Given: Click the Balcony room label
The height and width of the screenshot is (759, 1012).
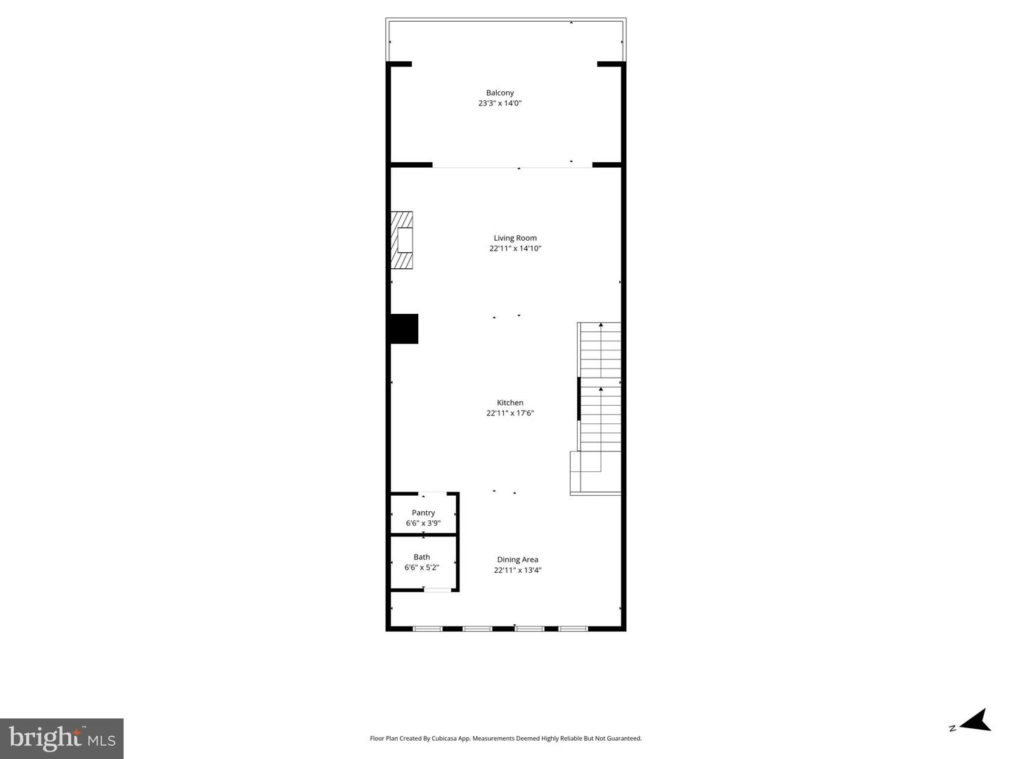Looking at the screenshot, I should [500, 93].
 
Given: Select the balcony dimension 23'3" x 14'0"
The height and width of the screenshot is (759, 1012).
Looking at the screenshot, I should [500, 103].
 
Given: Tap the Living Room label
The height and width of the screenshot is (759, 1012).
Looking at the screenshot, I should [515, 238].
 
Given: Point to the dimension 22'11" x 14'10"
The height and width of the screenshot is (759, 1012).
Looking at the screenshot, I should [515, 249].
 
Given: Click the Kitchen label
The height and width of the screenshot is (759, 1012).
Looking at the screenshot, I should [510, 402].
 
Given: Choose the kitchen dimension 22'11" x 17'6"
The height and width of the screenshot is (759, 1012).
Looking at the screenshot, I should [510, 413].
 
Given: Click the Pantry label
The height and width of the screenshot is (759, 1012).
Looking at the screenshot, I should [423, 513].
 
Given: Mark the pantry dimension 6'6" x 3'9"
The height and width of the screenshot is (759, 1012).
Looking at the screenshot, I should [423, 523].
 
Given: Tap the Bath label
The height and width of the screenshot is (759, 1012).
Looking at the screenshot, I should [422, 557].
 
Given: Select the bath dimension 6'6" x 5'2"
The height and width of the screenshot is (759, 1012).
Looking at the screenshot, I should [422, 567].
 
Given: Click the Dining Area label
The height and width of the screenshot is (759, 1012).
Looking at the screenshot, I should [518, 560].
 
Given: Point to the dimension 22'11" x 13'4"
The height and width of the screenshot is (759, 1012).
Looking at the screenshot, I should [518, 570].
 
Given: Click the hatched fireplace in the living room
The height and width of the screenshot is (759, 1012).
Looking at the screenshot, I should [402, 240].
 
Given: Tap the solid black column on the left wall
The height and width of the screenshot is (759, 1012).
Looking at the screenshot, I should [404, 329].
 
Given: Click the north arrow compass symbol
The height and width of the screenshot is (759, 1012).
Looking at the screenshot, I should [975, 721].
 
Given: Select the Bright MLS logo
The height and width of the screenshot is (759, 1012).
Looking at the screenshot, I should [62, 738].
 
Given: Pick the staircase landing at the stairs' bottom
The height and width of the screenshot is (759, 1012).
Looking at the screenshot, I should [594, 473].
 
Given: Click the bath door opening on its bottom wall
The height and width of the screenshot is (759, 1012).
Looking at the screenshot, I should [437, 590].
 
